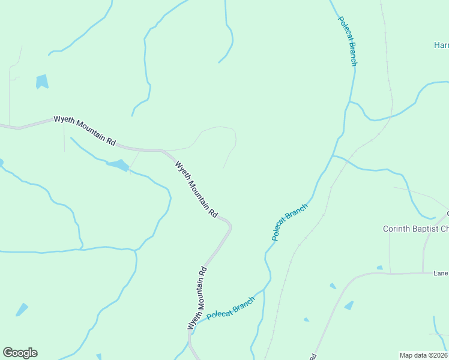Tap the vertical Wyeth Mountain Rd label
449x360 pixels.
point(197,297)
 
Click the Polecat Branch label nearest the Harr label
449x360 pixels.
point(348,40)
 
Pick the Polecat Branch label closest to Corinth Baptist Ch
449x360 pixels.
point(289,222)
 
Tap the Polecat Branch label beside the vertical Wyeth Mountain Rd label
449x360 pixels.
point(231,310)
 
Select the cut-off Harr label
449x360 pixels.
point(441,45)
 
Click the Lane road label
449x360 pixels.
point(441,274)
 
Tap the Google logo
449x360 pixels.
point(20,353)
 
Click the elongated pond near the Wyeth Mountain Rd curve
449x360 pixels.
point(118,164)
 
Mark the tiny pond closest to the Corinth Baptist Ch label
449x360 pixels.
point(379,268)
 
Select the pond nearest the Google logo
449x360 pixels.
point(22,310)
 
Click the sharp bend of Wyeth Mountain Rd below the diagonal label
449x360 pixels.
point(229,225)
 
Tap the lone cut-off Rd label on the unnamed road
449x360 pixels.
point(313,356)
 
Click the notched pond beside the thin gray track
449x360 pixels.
point(41,82)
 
